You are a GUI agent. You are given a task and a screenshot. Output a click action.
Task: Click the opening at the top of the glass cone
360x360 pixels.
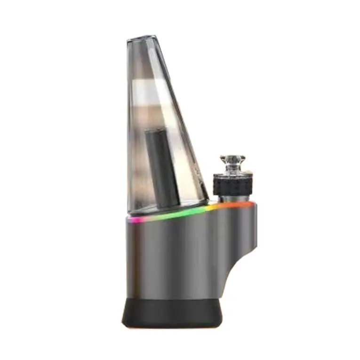point(142,37)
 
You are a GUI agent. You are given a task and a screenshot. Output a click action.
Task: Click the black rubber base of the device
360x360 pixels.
point(172,313)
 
